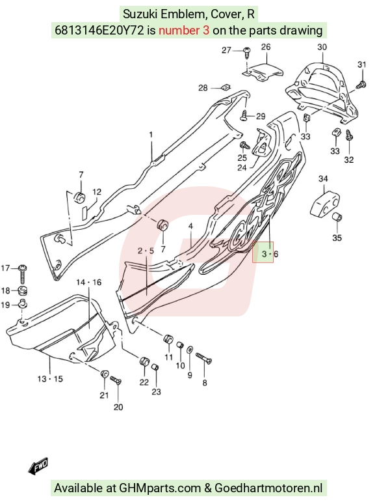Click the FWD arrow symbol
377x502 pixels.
pyautogui.click(x=38, y=466)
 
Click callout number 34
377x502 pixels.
pyautogui.click(x=323, y=178)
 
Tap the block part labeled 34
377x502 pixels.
pyautogui.click(x=325, y=204)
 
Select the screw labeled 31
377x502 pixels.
pyautogui.click(x=361, y=85)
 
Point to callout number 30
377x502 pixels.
pyautogui.click(x=322, y=47)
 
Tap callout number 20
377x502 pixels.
pyautogui.click(x=118, y=407)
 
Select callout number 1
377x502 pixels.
pyautogui.click(x=151, y=135)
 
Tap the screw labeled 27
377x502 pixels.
pyautogui.click(x=246, y=52)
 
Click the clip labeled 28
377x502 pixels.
pyautogui.click(x=226, y=87)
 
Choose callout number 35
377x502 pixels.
pyautogui.click(x=337, y=238)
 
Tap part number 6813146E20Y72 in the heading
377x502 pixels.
pyautogui.click(x=99, y=31)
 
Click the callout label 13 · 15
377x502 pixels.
pyautogui.click(x=50, y=379)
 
